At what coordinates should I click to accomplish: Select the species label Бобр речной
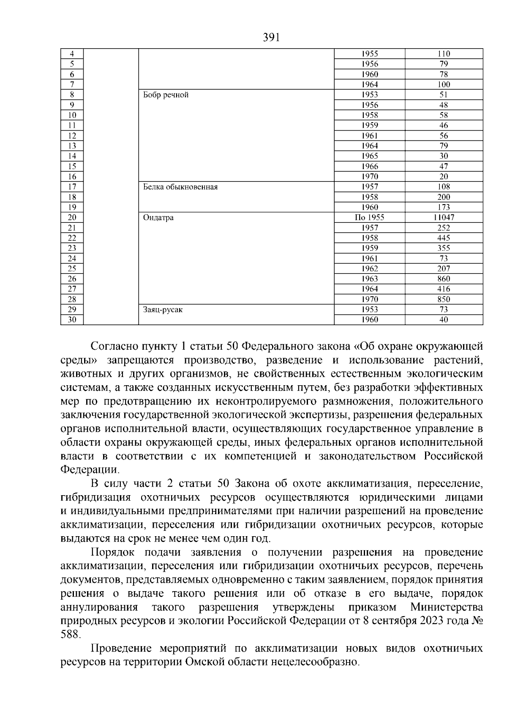pyautogui.click(x=166, y=95)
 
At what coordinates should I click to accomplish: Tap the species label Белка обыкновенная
pyautogui.click(x=180, y=187)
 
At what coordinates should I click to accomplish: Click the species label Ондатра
pyautogui.click(x=158, y=218)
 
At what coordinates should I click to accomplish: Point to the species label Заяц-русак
pyautogui.click(x=163, y=310)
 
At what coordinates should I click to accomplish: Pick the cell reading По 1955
pyautogui.click(x=370, y=218)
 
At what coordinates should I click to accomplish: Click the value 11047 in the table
pyautogui.click(x=444, y=218)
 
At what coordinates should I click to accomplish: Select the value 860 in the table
pyautogui.click(x=444, y=279)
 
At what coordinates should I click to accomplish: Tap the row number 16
pyautogui.click(x=72, y=177)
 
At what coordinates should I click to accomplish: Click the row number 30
pyautogui.click(x=72, y=320)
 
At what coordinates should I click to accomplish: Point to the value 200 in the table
pyautogui.click(x=444, y=197)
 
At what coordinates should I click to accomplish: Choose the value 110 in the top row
pyautogui.click(x=444, y=54)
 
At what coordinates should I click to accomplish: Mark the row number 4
pyautogui.click(x=72, y=54)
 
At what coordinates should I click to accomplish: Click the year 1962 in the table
pyautogui.click(x=370, y=269)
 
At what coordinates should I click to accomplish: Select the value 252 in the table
pyautogui.click(x=444, y=228)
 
